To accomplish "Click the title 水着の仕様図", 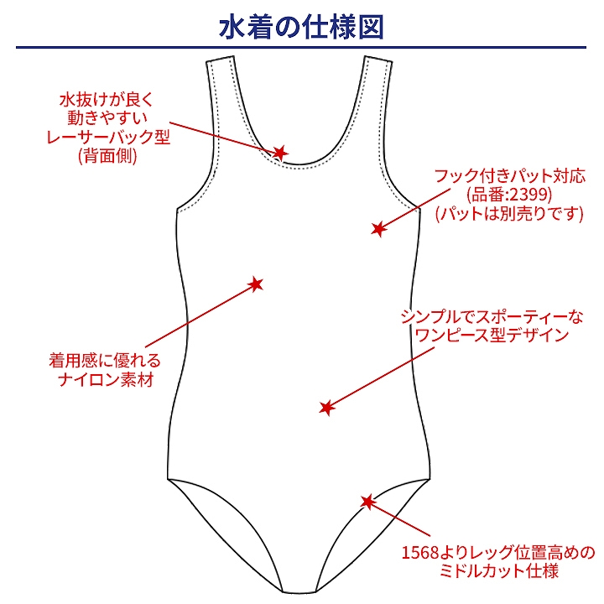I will (301, 26).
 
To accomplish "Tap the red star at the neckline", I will (281, 153).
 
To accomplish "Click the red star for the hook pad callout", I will (378, 228).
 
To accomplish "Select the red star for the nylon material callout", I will (257, 284).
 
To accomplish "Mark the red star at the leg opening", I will (367, 502).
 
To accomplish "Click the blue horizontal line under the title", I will (301, 48).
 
